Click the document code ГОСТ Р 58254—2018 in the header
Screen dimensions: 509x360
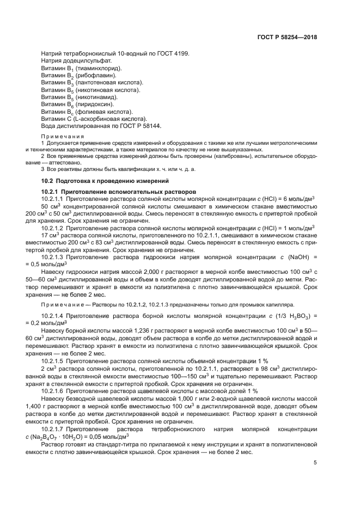point(288,38)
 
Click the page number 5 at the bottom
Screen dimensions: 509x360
point(315,463)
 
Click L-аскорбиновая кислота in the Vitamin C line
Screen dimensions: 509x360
point(103,118)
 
